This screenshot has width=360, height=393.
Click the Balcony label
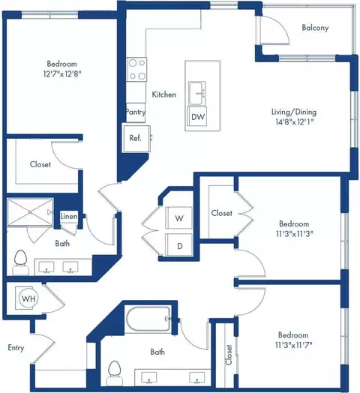coord(315,28)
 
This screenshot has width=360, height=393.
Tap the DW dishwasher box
coord(198,116)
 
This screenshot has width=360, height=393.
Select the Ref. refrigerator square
coord(136,139)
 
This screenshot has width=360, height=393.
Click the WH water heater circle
coord(28,298)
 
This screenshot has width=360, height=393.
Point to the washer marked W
coord(178,218)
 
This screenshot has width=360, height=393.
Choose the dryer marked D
coord(178,245)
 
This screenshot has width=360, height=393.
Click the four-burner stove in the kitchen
coord(136,70)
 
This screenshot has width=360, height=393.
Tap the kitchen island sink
coord(197,93)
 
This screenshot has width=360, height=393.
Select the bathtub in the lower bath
coord(148,319)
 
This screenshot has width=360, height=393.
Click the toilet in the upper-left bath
coord(20,262)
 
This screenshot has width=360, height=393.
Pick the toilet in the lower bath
coord(115,373)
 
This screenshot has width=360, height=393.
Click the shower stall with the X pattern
coord(30,212)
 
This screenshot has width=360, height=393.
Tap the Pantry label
coord(136,112)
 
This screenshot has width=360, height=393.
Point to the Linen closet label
coord(69,216)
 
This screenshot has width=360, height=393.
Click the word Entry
coord(16,348)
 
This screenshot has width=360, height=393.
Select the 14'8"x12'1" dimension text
coord(295,121)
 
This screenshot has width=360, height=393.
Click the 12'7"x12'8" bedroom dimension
coord(62,74)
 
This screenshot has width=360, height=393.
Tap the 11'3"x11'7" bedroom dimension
coord(293,345)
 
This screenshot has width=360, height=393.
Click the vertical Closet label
coord(229,355)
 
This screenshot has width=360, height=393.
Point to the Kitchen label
coord(164,94)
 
